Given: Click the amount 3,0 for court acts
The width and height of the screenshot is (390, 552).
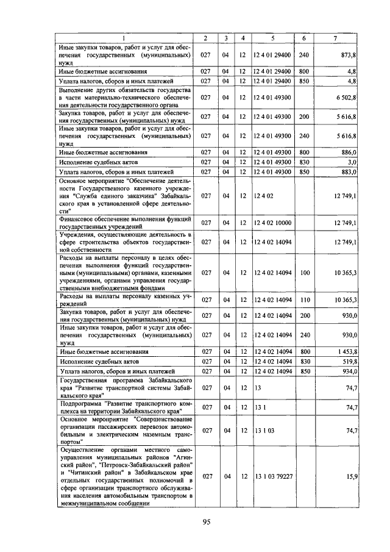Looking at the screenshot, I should click(x=352, y=162).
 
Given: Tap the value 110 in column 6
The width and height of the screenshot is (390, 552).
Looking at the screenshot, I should click(x=305, y=300).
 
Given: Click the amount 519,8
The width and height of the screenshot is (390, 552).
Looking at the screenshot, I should click(x=347, y=362).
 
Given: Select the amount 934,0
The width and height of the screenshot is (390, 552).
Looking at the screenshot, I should click(x=347, y=371).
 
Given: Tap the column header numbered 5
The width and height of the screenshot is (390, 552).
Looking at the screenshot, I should click(x=272, y=38).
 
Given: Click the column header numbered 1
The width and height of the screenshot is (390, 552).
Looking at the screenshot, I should click(x=124, y=38).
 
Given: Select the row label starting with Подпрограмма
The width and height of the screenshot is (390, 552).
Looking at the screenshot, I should click(x=124, y=407).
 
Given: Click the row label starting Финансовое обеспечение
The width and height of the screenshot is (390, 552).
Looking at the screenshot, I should click(x=124, y=223).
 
